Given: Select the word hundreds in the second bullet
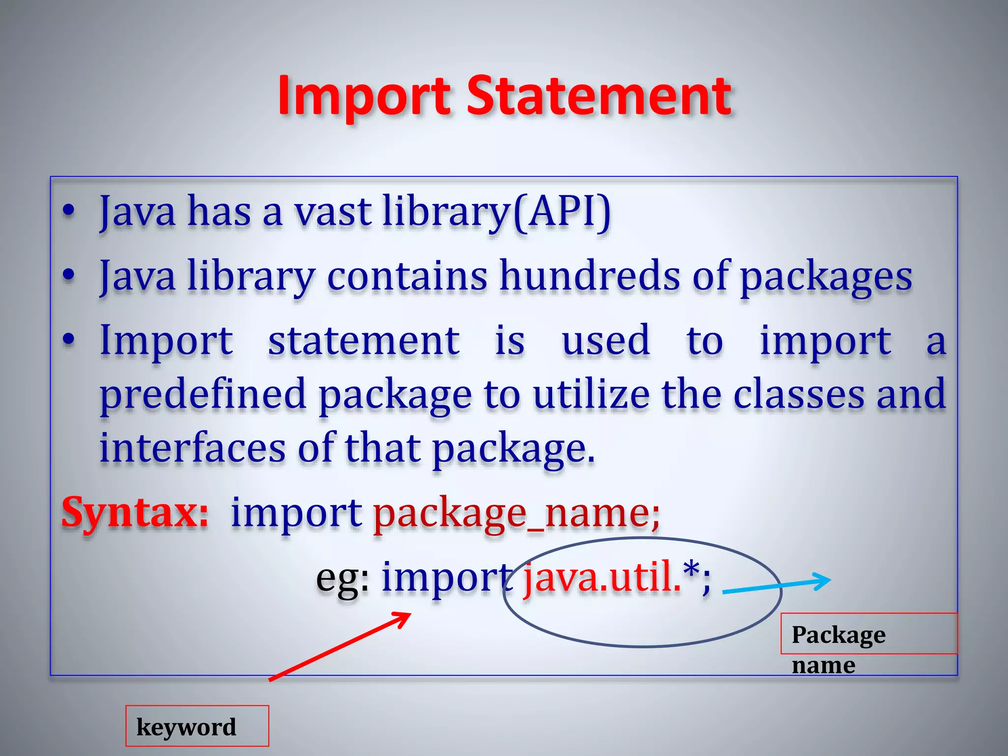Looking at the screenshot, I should [x=590, y=276].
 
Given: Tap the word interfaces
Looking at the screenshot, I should [x=192, y=448].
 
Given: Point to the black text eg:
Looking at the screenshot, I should [x=343, y=578].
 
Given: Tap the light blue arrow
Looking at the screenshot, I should [x=777, y=585].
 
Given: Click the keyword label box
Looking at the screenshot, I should [x=197, y=726].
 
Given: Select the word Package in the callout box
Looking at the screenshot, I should [x=838, y=634].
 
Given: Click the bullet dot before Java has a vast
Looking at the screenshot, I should [x=69, y=212].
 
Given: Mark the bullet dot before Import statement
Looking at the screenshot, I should [x=69, y=340].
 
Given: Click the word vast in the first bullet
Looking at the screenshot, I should [x=333, y=212].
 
